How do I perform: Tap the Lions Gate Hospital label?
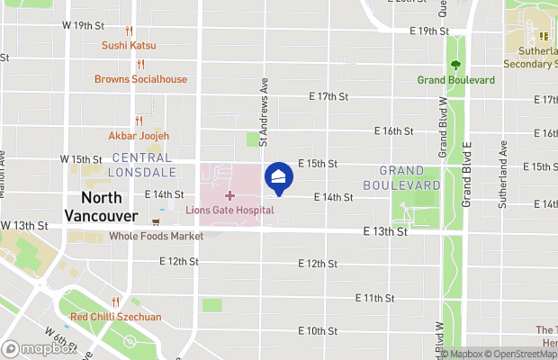click(229, 210)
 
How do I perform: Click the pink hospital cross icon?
click(229, 194)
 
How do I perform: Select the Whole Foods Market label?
click(156, 236)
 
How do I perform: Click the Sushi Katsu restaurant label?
click(129, 45)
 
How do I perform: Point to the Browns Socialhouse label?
click(141, 79)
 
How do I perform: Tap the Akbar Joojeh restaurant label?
click(139, 136)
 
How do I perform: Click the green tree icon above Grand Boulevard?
click(455, 65)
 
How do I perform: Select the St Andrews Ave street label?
click(264, 111)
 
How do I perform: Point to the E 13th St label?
click(386, 231)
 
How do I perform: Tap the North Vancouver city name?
click(101, 207)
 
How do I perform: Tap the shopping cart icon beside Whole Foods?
click(157, 221)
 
